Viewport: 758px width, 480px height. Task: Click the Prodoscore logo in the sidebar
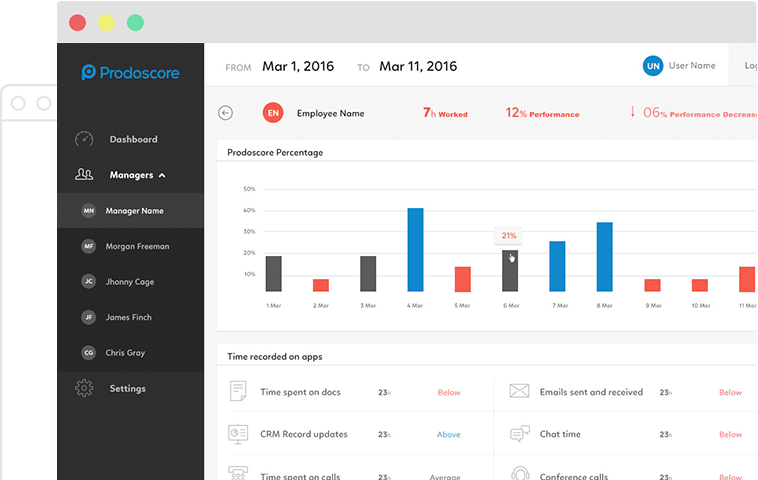(x=129, y=72)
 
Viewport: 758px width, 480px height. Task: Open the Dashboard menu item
(x=132, y=139)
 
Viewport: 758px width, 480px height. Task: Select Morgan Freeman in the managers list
(x=138, y=246)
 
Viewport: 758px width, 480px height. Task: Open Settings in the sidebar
(x=127, y=388)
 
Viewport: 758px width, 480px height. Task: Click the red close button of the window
(x=78, y=22)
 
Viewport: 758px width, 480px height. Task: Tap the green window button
(x=135, y=22)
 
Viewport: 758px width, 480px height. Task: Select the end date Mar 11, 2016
(x=417, y=67)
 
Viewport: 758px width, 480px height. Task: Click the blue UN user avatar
(x=653, y=66)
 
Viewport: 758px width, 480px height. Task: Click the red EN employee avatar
(x=272, y=113)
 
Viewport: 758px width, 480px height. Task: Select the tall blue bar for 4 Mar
(x=415, y=250)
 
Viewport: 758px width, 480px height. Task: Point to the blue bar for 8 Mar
(x=604, y=257)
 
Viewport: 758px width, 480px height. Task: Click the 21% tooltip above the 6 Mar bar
(x=509, y=236)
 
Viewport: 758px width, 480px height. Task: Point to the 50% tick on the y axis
(x=249, y=188)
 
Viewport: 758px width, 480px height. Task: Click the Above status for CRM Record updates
(x=448, y=434)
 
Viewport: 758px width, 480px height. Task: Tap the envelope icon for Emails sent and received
(x=519, y=391)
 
